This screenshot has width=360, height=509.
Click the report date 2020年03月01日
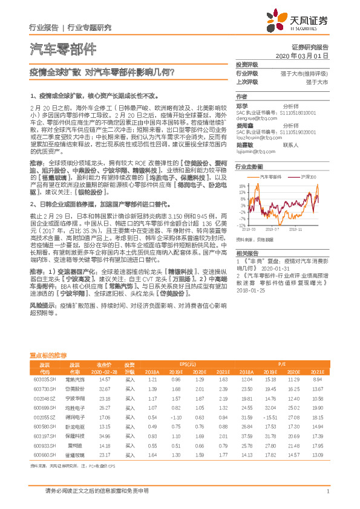301,55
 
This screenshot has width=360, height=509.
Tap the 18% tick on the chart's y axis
242,186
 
